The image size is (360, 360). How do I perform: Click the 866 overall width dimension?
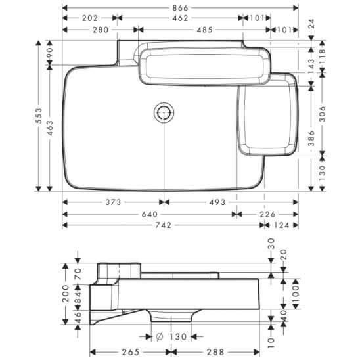click(180, 8)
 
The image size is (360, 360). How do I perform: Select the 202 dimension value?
click(90, 18)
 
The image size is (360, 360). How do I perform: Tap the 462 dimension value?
click(180, 18)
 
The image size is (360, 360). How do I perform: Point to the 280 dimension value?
click(101, 30)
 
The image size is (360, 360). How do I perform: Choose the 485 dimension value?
click(205, 30)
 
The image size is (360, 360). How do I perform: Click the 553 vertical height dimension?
click(39, 116)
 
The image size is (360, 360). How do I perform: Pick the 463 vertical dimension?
click(50, 128)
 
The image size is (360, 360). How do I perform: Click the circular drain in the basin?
click(164, 113)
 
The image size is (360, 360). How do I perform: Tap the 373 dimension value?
click(113, 202)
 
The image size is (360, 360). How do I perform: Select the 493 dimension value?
click(217, 202)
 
